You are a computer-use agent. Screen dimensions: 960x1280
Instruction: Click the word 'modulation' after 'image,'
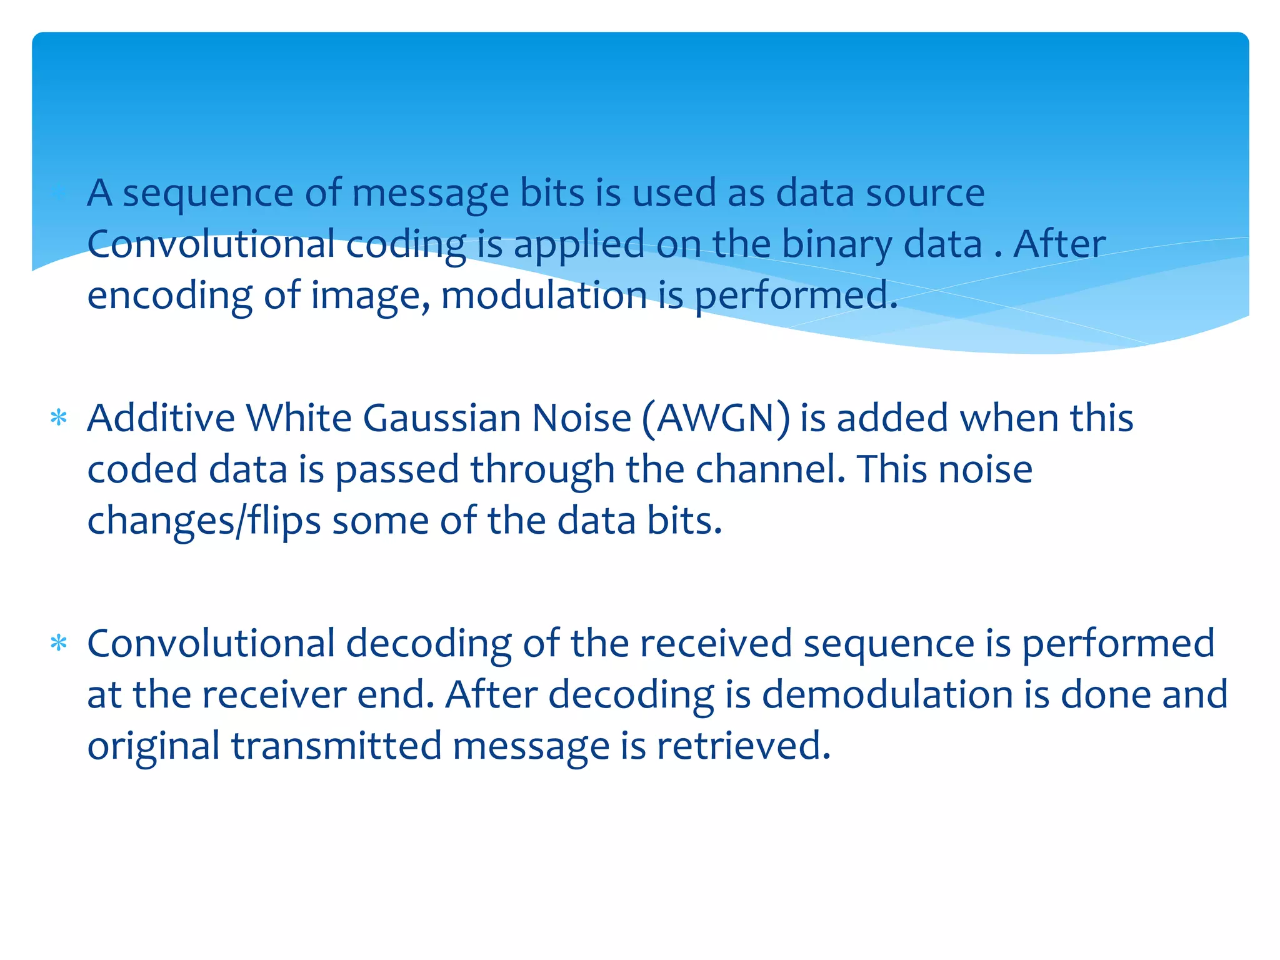(544, 296)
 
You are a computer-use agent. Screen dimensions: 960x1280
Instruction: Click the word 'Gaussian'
(441, 419)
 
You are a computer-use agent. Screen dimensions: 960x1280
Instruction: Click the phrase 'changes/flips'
(204, 521)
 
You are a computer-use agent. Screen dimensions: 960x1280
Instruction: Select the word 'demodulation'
(887, 695)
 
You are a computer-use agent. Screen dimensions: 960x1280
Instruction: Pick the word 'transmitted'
(336, 746)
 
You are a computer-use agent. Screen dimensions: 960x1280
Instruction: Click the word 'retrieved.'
(744, 746)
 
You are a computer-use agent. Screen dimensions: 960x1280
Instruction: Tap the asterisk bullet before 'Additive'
(59, 417)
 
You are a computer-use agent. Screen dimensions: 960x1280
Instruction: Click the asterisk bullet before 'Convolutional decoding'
(59, 643)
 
